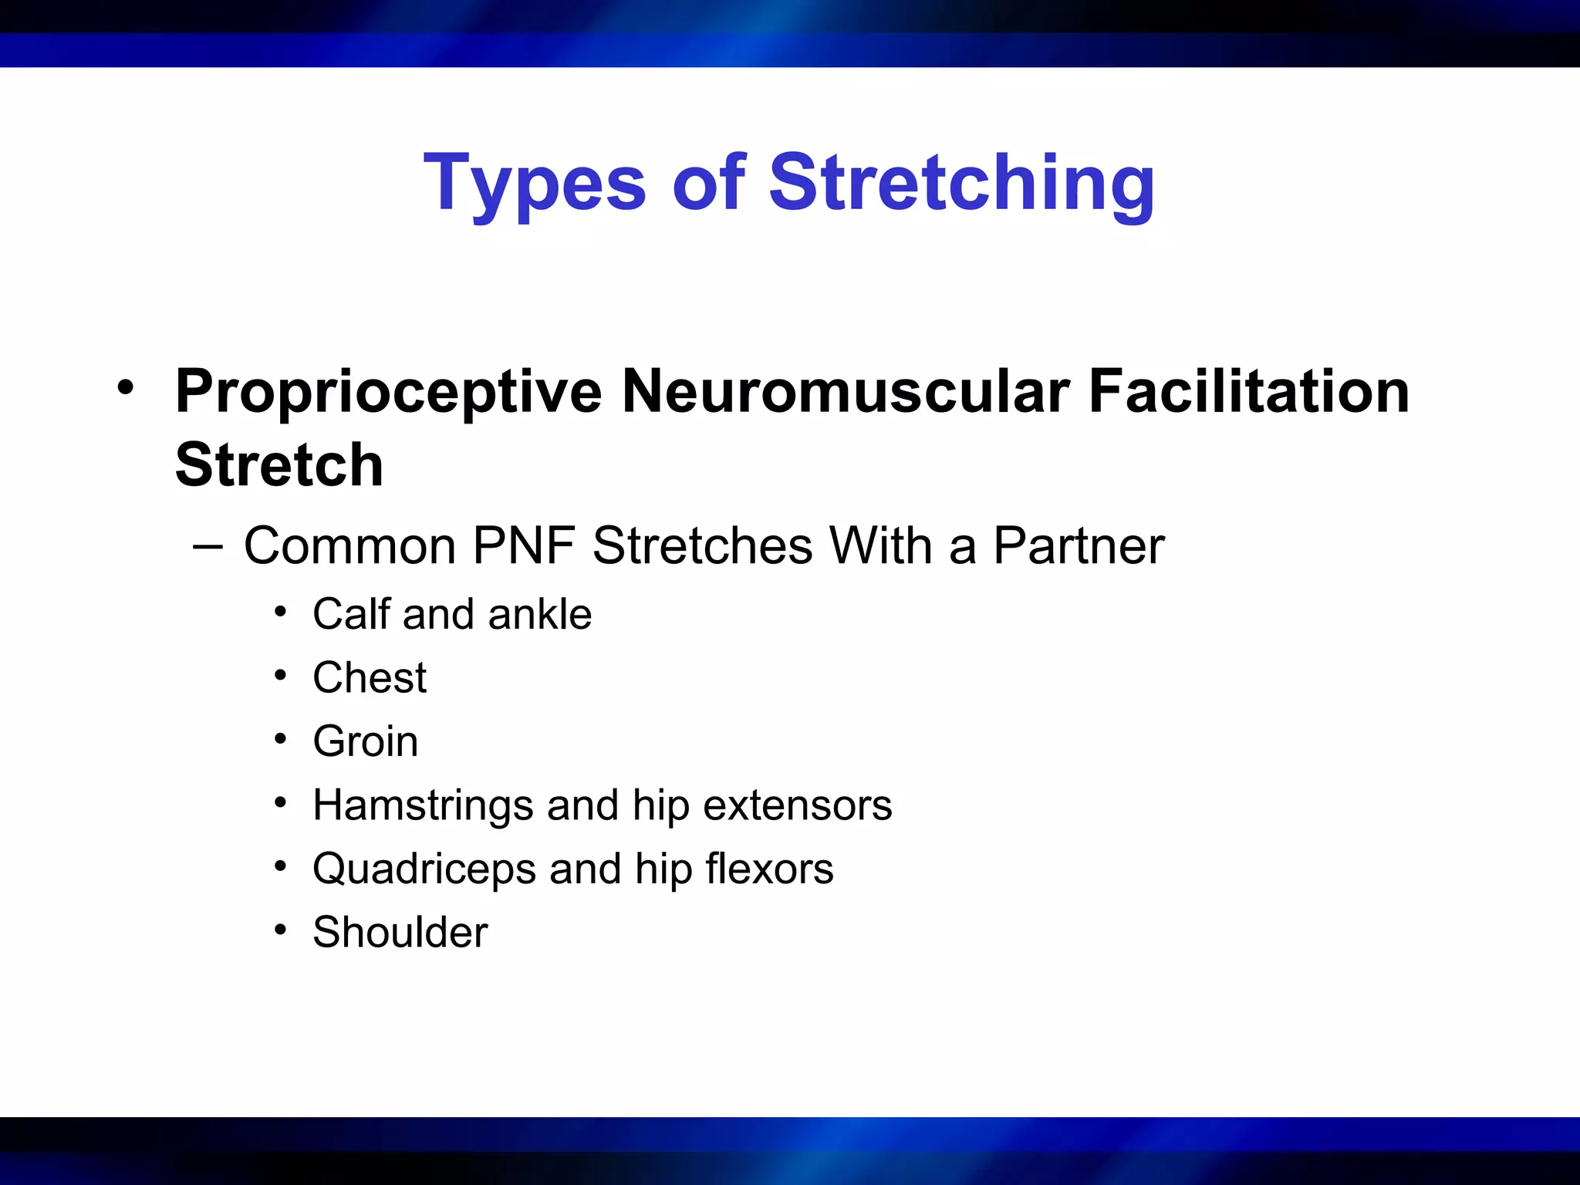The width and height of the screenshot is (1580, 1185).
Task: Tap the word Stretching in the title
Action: tap(962, 184)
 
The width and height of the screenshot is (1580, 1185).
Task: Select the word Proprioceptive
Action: tap(388, 391)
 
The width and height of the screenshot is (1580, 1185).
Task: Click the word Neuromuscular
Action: tap(845, 391)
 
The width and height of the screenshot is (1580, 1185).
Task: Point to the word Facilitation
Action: tap(1249, 391)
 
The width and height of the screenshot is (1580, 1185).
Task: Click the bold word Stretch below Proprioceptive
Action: tap(279, 465)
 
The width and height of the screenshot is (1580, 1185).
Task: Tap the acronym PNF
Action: tap(524, 546)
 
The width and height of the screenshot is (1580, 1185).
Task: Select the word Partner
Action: tap(1079, 546)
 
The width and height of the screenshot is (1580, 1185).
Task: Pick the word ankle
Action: tap(539, 614)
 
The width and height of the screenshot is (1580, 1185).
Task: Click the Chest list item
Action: tap(370, 678)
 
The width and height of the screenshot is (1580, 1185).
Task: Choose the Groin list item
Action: tap(366, 741)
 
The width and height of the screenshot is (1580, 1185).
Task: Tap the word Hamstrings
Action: tap(423, 805)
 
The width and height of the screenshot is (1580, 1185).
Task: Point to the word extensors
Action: tap(798, 805)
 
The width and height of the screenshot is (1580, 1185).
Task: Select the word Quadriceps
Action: tap(424, 869)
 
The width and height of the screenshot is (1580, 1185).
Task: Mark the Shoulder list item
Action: tap(400, 932)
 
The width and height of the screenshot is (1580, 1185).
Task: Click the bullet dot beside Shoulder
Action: tap(281, 930)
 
